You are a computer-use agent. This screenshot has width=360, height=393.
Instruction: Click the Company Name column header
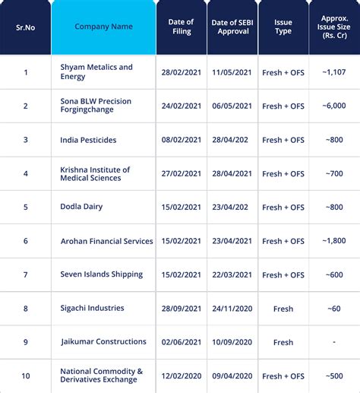(x=103, y=27)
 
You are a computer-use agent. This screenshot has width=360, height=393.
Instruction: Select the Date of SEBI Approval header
(x=232, y=27)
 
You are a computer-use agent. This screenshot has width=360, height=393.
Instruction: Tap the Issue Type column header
(x=283, y=27)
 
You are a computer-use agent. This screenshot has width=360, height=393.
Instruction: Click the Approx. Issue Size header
(x=334, y=27)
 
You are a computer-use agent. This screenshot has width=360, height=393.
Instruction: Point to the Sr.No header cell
(x=25, y=27)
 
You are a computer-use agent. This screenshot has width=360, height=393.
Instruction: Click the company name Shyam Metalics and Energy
(x=96, y=72)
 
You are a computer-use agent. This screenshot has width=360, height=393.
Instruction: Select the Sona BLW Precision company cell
(x=100, y=106)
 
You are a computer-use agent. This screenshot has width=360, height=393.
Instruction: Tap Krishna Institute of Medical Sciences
(x=95, y=173)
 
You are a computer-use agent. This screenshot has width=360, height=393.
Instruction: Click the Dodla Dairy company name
(x=81, y=207)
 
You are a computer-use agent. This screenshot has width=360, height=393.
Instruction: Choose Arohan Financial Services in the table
(x=106, y=241)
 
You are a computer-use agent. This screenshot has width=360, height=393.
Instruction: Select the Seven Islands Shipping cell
(x=101, y=274)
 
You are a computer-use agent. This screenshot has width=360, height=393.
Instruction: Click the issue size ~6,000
(x=334, y=106)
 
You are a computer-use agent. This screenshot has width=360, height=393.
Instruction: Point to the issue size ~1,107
(x=334, y=72)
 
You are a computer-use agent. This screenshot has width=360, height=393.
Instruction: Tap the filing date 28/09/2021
(x=182, y=309)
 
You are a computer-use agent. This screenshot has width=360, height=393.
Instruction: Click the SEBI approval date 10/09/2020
(x=232, y=342)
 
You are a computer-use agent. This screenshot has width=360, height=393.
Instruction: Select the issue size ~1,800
(x=334, y=241)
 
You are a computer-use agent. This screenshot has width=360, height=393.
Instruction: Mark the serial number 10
(x=25, y=376)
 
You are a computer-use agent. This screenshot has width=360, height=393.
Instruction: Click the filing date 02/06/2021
(x=182, y=342)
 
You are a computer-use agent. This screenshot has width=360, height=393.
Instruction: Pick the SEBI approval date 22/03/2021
(x=232, y=274)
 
